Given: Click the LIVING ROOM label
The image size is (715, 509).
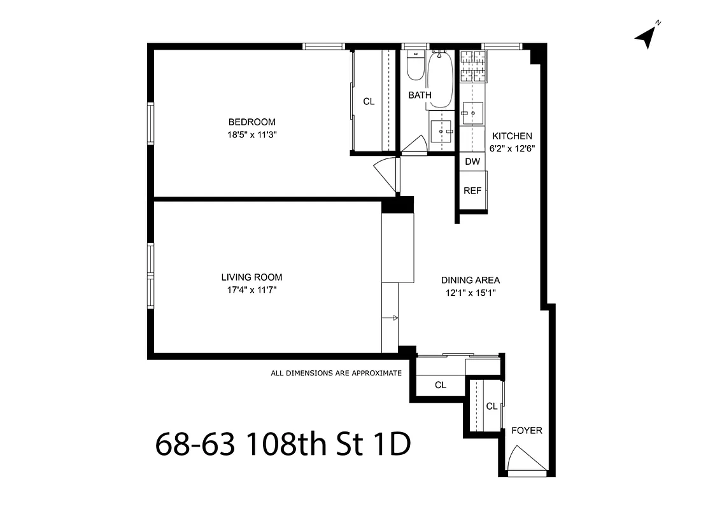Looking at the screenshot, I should [x=251, y=277].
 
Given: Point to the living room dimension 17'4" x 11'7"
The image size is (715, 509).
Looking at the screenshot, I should [x=251, y=289].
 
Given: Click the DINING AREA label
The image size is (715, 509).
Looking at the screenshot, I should [x=471, y=280].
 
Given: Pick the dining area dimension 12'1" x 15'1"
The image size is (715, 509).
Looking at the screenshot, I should [x=471, y=293].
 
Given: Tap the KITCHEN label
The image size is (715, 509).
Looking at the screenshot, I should [x=512, y=136].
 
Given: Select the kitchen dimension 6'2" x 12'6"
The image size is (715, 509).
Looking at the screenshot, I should [x=512, y=148].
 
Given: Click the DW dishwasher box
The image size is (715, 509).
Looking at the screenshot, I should [x=472, y=162].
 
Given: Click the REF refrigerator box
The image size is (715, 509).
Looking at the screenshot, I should [x=472, y=190].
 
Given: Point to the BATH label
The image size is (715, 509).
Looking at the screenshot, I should [x=420, y=95].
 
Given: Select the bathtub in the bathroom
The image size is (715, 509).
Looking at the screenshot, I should [x=440, y=80].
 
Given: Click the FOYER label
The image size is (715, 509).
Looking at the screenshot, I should [x=527, y=431].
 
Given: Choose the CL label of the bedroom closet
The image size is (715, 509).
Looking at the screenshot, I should [x=369, y=101].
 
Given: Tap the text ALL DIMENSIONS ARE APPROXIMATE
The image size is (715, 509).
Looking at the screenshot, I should [x=336, y=373].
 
